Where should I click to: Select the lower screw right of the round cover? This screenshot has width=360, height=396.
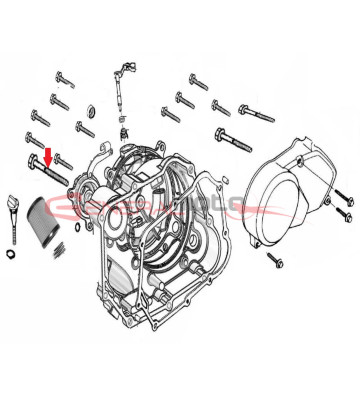342,214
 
